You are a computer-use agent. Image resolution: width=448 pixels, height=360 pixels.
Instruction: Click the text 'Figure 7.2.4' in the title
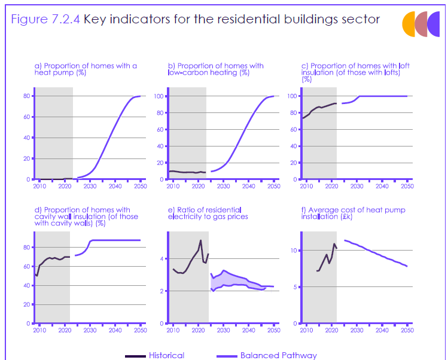click(x=45, y=19)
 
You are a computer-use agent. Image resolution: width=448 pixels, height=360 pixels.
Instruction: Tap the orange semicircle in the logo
click(x=408, y=24)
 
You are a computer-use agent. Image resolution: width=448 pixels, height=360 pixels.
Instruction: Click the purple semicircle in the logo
click(x=434, y=24)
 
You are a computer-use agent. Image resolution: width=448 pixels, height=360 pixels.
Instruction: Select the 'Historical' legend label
click(x=166, y=355)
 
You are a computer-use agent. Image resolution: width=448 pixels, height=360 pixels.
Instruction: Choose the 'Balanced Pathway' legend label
click(x=279, y=355)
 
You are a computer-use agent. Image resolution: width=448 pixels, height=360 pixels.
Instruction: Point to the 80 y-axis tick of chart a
click(x=26, y=96)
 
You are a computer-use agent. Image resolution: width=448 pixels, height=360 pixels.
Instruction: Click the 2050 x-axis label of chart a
click(x=141, y=187)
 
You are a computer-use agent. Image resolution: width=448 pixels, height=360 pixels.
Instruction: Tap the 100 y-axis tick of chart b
click(x=159, y=96)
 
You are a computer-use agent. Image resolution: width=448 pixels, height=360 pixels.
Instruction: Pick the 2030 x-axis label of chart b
click(x=223, y=187)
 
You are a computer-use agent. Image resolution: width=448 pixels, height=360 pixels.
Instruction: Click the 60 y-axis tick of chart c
click(x=294, y=130)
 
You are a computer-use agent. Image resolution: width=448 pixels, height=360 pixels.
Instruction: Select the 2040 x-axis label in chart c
click(x=382, y=187)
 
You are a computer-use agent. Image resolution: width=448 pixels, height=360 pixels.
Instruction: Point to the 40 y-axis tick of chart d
click(x=26, y=285)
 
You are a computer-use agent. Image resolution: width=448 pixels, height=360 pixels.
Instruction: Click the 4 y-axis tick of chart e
click(x=161, y=259)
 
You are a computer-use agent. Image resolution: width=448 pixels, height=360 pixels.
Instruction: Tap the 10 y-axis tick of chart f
click(x=294, y=251)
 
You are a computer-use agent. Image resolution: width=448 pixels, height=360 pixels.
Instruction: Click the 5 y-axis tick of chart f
click(x=295, y=287)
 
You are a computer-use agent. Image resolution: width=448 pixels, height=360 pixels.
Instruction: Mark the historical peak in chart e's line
click(x=200, y=240)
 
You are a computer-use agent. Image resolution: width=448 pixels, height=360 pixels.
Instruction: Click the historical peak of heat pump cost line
click(x=334, y=244)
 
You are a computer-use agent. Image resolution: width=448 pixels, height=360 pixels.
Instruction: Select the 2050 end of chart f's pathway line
click(x=407, y=266)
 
